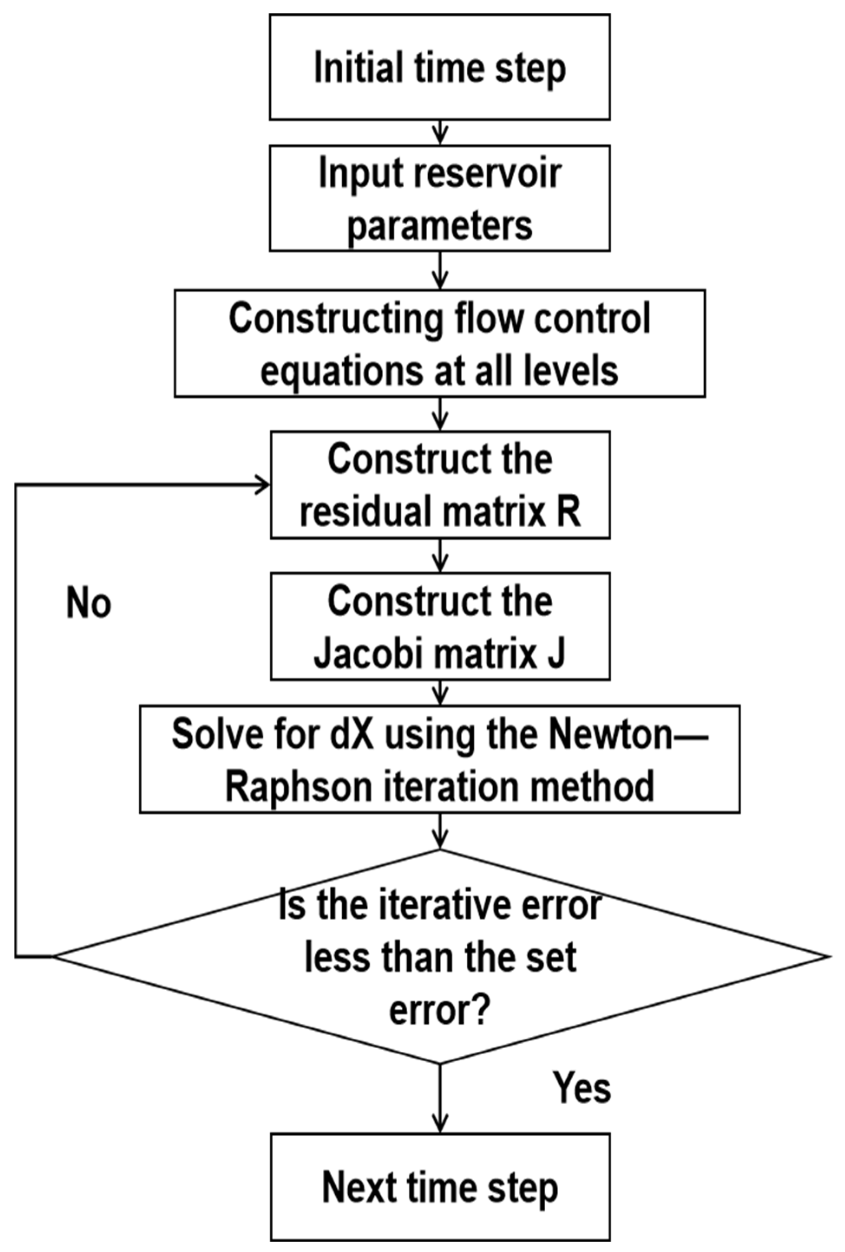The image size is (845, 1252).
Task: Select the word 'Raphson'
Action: click(298, 787)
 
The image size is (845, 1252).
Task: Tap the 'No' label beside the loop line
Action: click(89, 603)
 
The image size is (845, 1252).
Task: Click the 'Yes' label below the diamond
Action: click(582, 1088)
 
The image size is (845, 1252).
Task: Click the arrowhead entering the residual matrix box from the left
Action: click(262, 485)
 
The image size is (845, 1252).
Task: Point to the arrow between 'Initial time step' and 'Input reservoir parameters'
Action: click(440, 132)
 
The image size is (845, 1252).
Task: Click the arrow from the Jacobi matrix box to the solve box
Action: click(440, 692)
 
